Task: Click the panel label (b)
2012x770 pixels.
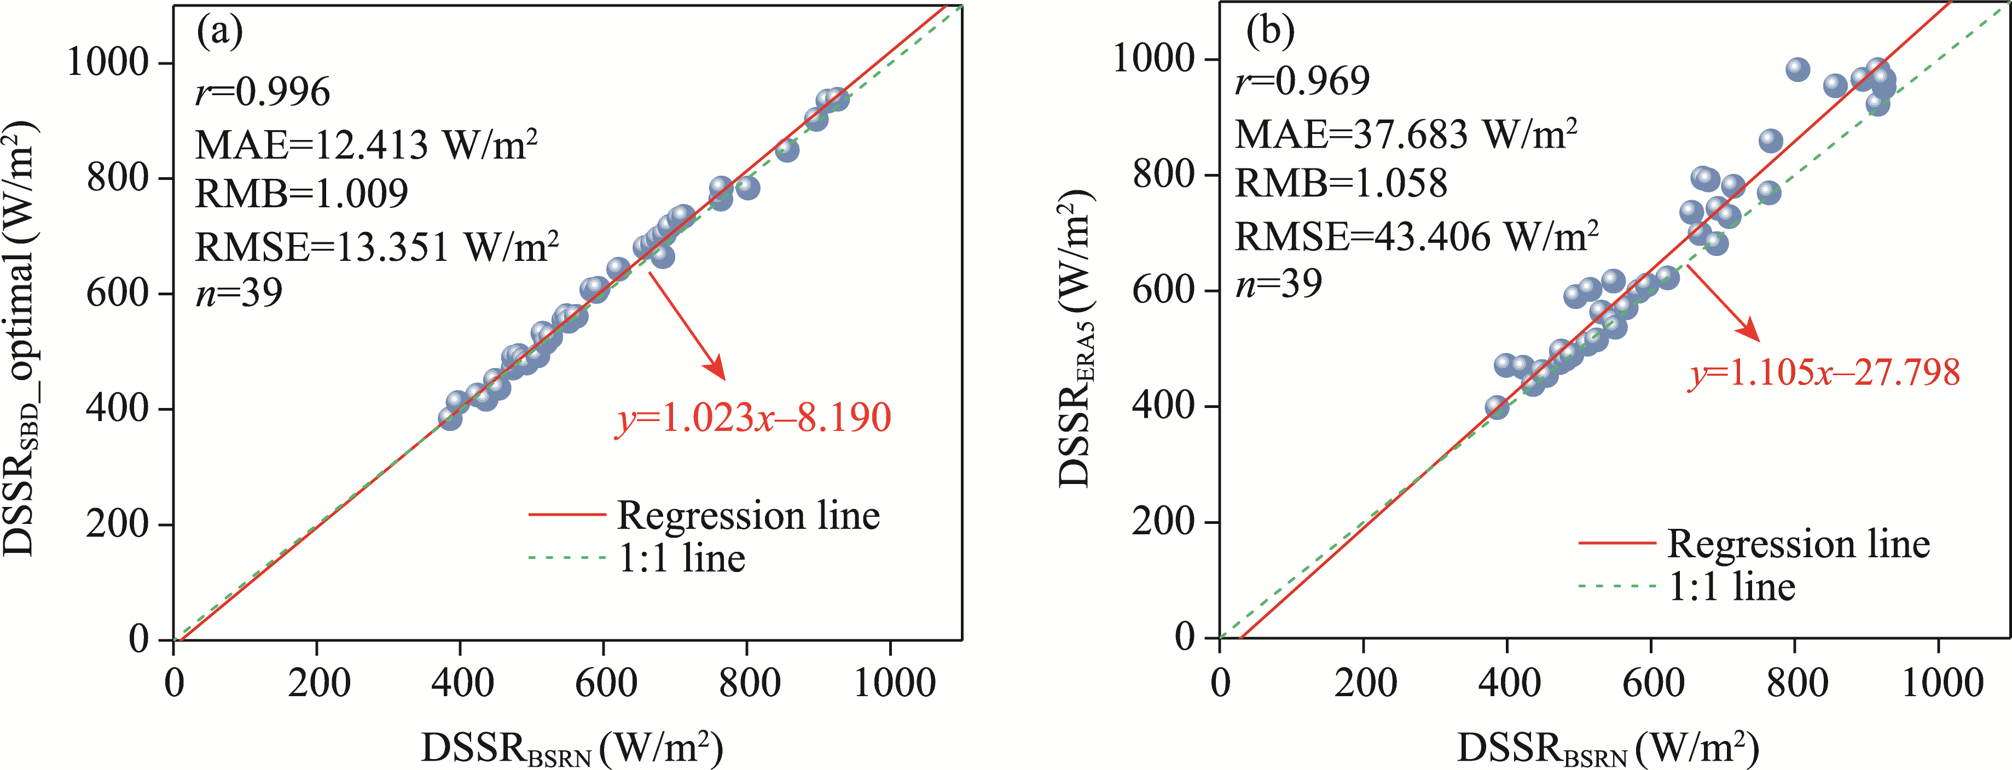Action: tap(1270, 31)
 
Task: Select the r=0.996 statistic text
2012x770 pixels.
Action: tap(263, 92)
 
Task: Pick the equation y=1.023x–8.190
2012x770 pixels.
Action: tap(753, 418)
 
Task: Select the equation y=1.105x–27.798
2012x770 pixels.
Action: tap(1824, 372)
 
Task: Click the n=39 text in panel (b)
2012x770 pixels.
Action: tap(1279, 283)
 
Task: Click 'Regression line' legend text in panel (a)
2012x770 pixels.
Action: tap(748, 515)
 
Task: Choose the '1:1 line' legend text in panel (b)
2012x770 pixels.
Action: tap(1732, 586)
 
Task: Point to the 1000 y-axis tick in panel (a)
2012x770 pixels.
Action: tap(108, 62)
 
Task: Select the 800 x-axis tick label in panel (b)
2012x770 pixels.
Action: tap(1796, 682)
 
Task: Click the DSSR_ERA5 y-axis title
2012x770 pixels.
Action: tap(1076, 340)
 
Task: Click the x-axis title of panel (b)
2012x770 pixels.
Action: tap(1608, 748)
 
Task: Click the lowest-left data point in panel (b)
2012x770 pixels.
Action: tap(1497, 407)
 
